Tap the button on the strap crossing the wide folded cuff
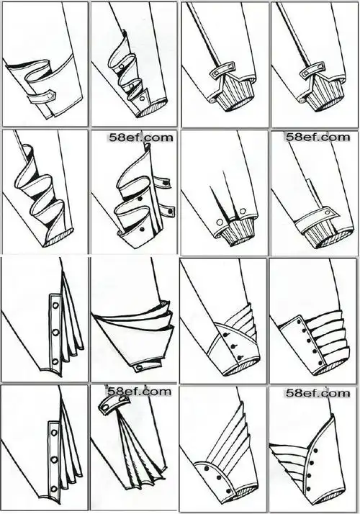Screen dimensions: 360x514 (50, 96)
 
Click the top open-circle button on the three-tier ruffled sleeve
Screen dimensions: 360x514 (122, 66)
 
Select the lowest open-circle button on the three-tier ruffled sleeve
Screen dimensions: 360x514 (142, 99)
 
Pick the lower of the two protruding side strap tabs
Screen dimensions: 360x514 (166, 211)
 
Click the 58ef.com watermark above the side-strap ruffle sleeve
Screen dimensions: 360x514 (141, 136)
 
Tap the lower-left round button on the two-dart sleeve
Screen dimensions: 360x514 (218, 222)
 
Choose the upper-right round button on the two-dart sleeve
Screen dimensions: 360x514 (243, 211)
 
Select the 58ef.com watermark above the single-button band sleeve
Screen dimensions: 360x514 (318, 136)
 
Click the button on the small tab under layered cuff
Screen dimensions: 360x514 (138, 367)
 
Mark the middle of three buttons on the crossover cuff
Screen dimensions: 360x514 (233, 346)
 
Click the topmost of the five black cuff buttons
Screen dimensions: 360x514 (302, 323)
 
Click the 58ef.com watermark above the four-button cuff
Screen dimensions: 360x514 (318, 392)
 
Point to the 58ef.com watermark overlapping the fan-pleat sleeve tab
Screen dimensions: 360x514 (140, 391)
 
